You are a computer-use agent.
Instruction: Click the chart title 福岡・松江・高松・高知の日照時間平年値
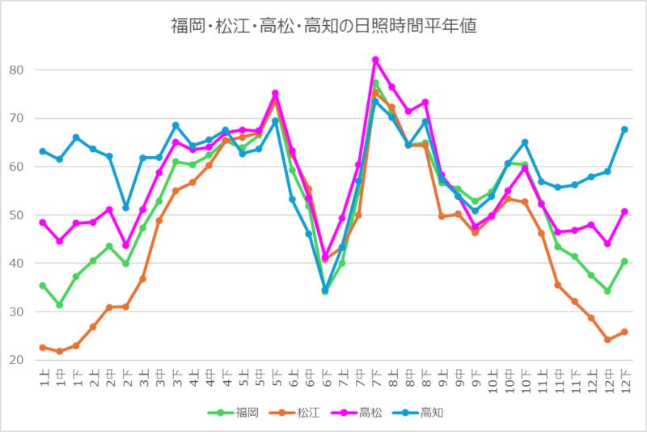pyautogui.click(x=323, y=25)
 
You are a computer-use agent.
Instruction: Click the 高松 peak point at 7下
pyautogui.click(x=375, y=60)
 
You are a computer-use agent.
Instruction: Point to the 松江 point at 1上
pyautogui.click(x=42, y=348)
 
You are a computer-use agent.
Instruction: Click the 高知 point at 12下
pyautogui.click(x=625, y=129)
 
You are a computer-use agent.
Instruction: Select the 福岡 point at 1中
pyautogui.click(x=59, y=305)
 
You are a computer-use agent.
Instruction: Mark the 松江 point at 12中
pyautogui.click(x=608, y=340)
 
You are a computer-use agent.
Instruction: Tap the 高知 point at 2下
pyautogui.click(x=125, y=208)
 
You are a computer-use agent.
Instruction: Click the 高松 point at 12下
pyautogui.click(x=625, y=212)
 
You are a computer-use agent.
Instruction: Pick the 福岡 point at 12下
pyautogui.click(x=625, y=261)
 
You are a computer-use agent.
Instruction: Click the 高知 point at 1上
pyautogui.click(x=42, y=151)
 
